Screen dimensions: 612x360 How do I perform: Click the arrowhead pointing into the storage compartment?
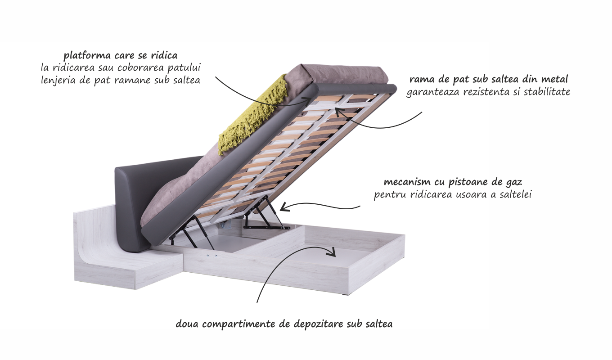coord(332,252)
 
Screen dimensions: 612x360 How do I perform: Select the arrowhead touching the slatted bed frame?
coord(339,112)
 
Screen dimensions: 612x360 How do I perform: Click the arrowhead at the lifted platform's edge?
coord(306,100)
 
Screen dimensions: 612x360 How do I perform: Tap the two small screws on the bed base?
coord(212,256)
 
